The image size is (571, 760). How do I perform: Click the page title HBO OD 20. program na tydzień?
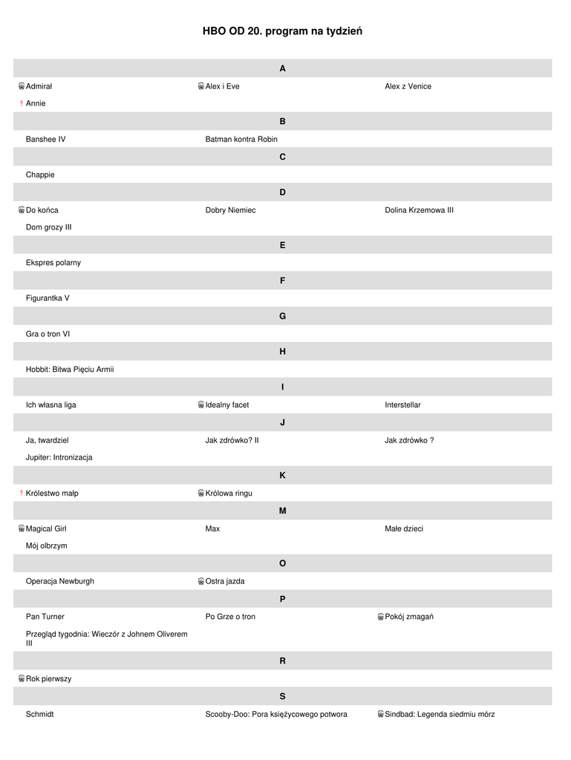(282, 31)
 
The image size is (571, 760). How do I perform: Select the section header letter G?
(282, 316)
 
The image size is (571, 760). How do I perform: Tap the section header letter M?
(282, 511)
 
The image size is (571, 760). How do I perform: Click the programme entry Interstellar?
(402, 405)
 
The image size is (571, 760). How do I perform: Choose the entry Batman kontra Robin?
(241, 140)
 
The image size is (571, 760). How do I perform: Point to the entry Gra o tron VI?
(48, 334)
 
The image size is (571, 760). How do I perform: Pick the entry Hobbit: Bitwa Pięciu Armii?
(70, 370)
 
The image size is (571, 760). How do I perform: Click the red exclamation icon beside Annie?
(22, 104)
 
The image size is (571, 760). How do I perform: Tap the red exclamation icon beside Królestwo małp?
(22, 494)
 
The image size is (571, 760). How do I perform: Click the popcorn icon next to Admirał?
(22, 87)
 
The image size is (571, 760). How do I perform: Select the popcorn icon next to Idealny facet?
(201, 405)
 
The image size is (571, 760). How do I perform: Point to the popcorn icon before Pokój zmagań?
(380, 617)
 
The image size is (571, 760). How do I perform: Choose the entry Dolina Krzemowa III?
(419, 210)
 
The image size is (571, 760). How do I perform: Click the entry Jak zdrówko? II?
(232, 441)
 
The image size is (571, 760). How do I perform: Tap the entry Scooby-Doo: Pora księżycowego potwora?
(276, 715)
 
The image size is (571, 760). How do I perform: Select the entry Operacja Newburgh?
(60, 581)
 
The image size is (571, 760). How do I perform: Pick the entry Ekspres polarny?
(53, 263)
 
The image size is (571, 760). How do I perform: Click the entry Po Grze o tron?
(230, 617)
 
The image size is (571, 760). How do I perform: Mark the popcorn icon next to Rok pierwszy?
(22, 679)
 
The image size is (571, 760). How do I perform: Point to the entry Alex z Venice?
(408, 87)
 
